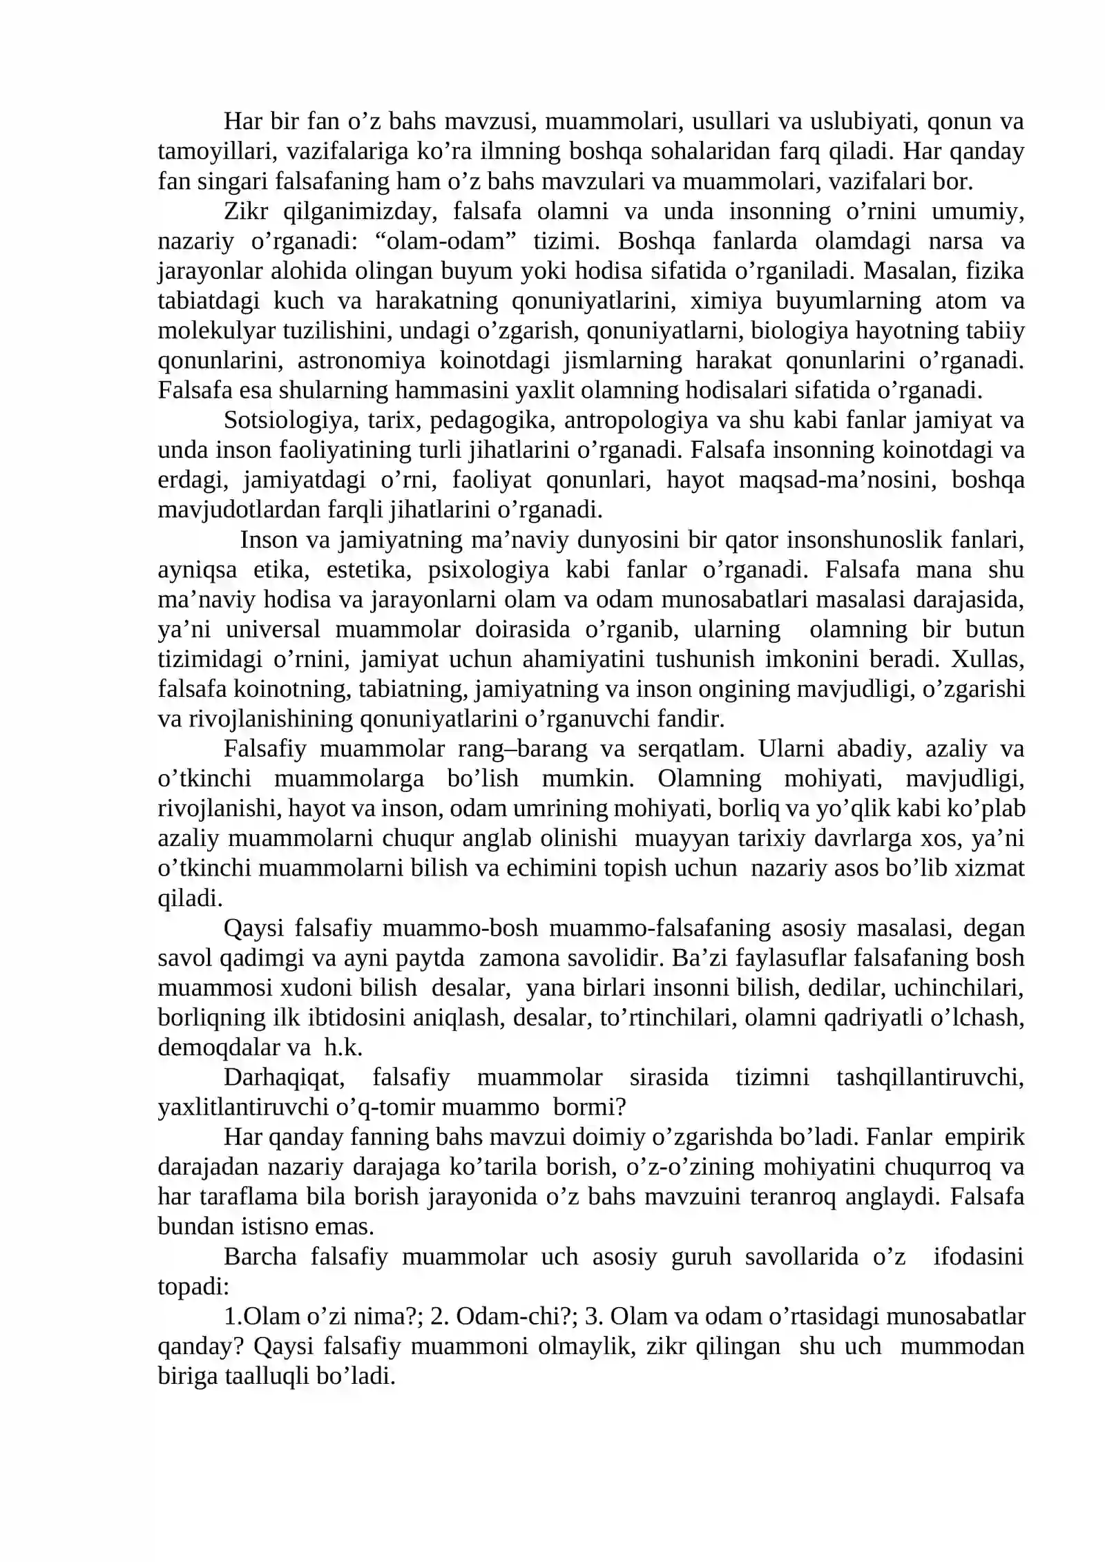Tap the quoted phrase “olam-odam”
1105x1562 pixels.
click(x=452, y=241)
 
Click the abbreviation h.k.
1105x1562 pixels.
click(x=343, y=1048)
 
